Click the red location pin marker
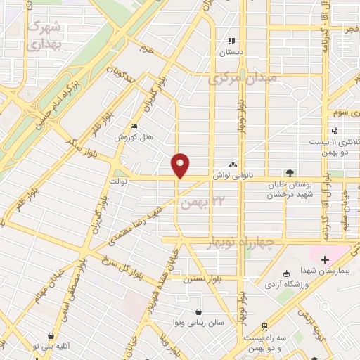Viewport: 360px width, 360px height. (181, 165)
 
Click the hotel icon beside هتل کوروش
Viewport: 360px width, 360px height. (134, 127)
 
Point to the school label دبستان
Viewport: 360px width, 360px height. (232, 52)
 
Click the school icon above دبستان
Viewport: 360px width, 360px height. (232, 41)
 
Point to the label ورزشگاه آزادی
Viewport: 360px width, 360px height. (285, 285)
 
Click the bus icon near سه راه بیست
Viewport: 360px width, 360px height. (264, 327)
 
